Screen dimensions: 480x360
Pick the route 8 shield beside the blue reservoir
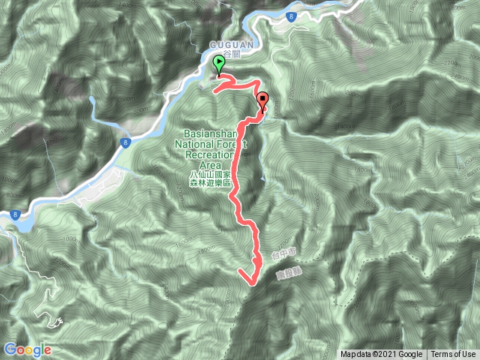pyautogui.click(x=14, y=214)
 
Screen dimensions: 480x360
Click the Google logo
pyautogui.click(x=27, y=349)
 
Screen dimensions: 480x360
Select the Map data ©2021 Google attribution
pyautogui.click(x=382, y=355)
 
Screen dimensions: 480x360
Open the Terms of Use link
pyautogui.click(x=452, y=355)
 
